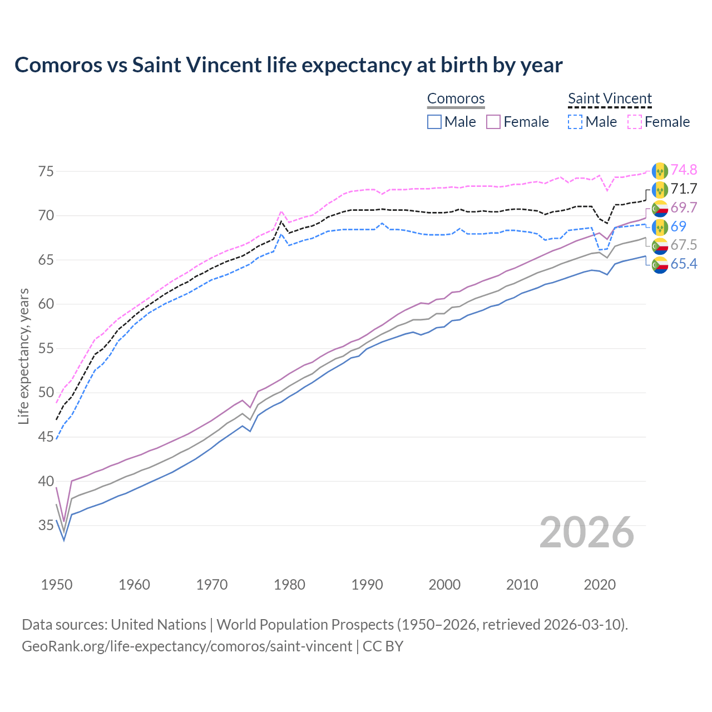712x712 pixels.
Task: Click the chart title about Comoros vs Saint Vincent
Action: tap(288, 65)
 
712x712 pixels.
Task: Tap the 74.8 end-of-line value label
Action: tap(684, 170)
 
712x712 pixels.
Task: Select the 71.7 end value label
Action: tap(684, 189)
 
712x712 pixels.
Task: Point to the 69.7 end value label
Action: tap(684, 208)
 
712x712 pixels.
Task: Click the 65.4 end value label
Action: tap(684, 264)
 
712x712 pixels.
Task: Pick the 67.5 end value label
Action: tap(684, 245)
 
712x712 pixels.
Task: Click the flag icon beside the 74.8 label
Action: tap(660, 170)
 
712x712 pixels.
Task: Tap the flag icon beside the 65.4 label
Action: tap(660, 265)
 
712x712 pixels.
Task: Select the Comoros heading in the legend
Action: tap(456, 99)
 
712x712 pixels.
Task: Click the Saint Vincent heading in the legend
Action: tap(610, 99)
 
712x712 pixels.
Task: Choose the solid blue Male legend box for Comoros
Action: tap(434, 122)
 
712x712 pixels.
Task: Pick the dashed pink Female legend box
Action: tap(634, 122)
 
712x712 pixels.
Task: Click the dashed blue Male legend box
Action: tap(575, 122)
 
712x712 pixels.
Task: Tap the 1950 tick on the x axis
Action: tap(57, 585)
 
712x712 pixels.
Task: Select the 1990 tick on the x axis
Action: tap(367, 585)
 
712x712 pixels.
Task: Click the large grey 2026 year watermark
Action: tap(586, 532)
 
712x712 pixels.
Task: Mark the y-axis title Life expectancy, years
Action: tap(23, 356)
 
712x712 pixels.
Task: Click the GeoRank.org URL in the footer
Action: tap(186, 646)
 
